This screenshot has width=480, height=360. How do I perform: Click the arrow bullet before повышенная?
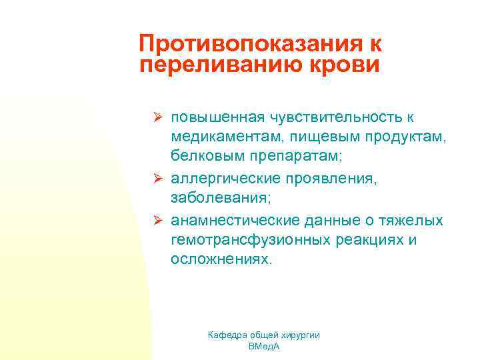(159, 117)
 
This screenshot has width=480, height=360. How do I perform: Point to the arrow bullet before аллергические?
(159, 179)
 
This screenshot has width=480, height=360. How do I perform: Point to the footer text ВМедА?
(265, 347)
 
